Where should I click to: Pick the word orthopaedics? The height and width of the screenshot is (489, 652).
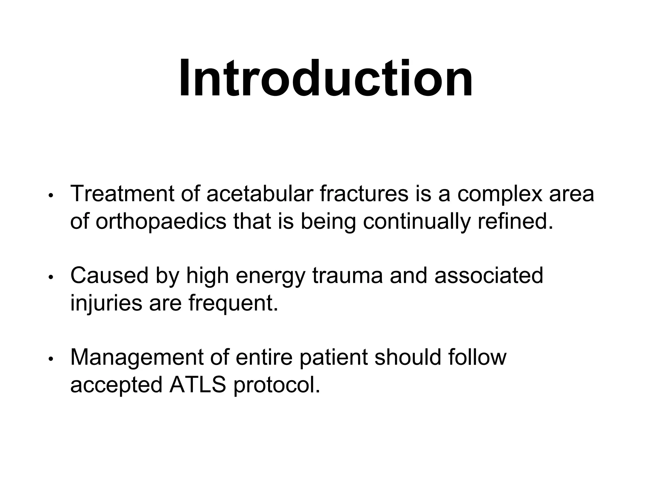(161, 222)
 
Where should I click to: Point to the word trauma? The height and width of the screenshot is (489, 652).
(347, 276)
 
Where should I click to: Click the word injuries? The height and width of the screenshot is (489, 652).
(106, 303)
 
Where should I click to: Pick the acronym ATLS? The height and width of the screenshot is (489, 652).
(197, 385)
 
